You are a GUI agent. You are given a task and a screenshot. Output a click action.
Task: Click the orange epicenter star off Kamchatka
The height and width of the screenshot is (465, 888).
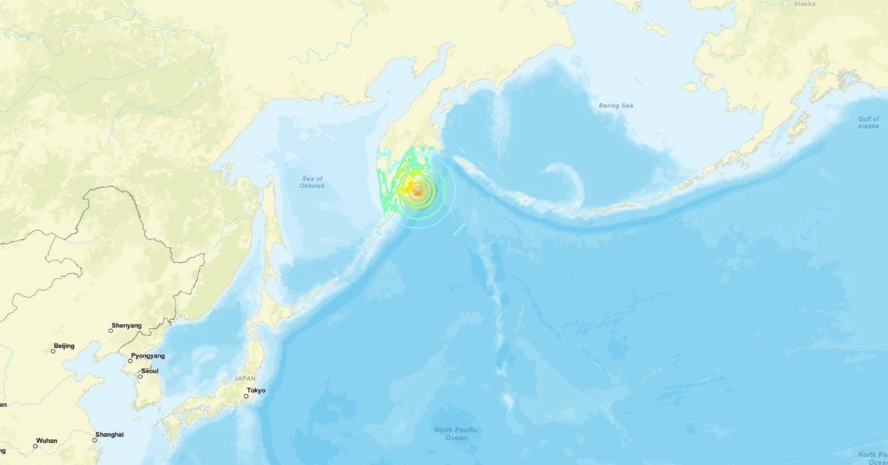[418, 193]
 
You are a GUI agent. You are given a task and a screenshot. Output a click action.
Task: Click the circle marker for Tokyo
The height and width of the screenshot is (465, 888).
[246, 397]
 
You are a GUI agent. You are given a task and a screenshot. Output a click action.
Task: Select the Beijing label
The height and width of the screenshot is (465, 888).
[64, 347]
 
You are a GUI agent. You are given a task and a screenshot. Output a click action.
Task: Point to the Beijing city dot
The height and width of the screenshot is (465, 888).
[53, 351]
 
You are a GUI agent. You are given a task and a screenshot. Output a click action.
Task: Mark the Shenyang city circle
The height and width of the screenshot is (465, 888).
[111, 331]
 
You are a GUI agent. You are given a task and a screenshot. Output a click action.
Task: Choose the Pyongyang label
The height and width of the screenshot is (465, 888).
[148, 356]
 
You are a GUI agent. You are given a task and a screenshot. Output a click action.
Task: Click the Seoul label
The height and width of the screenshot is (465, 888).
[149, 371]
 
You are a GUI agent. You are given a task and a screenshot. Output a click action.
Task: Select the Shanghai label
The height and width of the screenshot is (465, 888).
[110, 435]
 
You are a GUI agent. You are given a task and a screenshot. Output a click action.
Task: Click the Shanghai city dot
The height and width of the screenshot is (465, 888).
[95, 441]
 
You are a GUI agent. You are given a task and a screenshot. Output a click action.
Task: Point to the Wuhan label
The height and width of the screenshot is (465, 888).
[46, 441]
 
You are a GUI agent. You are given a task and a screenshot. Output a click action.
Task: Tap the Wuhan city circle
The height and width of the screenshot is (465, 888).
[36, 446]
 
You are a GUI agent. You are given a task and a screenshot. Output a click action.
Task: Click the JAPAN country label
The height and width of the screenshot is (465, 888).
[245, 378]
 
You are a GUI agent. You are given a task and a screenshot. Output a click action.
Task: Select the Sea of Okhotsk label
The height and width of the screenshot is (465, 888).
[313, 182]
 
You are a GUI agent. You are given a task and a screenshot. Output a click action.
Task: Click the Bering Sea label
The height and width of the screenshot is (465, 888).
[616, 106]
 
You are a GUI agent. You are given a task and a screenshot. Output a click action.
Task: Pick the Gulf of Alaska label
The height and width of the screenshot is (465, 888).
[869, 122]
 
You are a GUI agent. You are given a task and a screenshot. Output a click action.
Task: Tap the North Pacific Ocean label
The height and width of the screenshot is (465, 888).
[456, 434]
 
